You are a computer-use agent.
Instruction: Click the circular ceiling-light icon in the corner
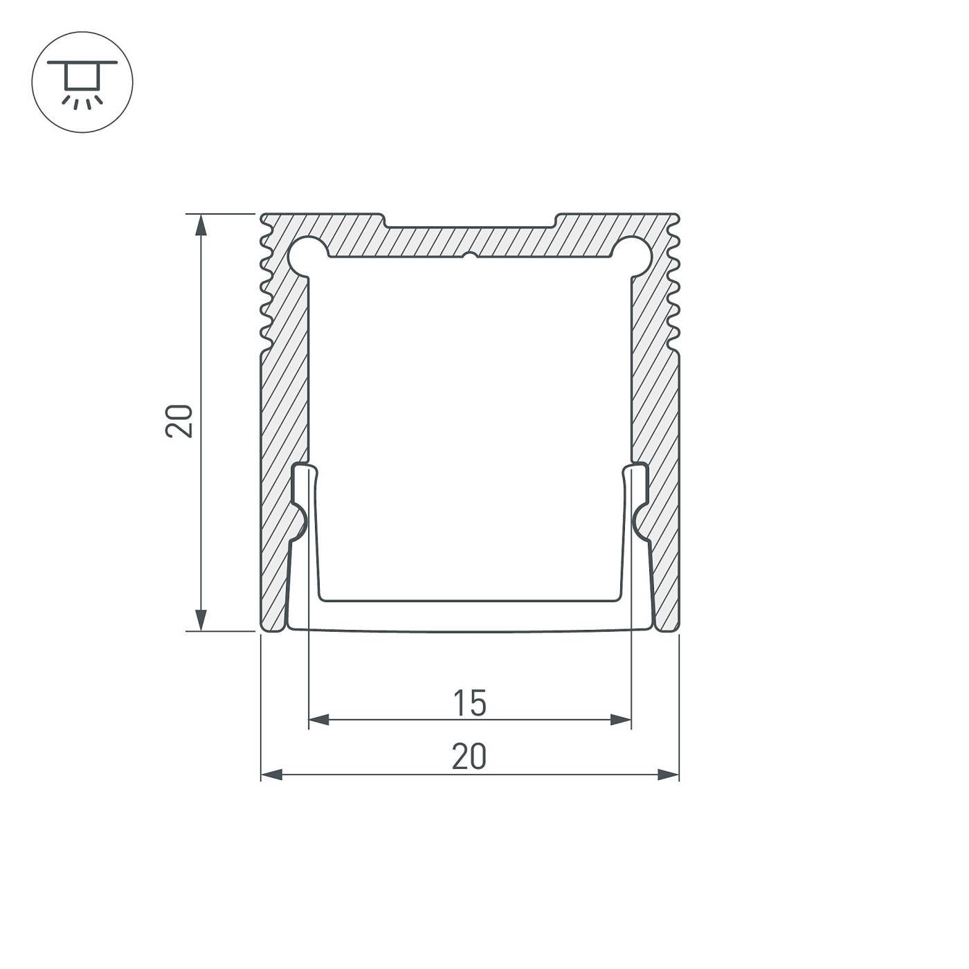pos(82,82)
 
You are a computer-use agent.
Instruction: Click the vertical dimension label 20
pos(179,420)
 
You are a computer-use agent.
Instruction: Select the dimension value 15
pos(470,703)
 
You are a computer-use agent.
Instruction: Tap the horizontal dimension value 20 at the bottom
pos(469,757)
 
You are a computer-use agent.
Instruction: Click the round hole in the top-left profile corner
pos(307,253)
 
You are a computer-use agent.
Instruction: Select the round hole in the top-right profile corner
pos(633,253)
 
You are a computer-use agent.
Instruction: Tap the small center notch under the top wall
pos(470,256)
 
